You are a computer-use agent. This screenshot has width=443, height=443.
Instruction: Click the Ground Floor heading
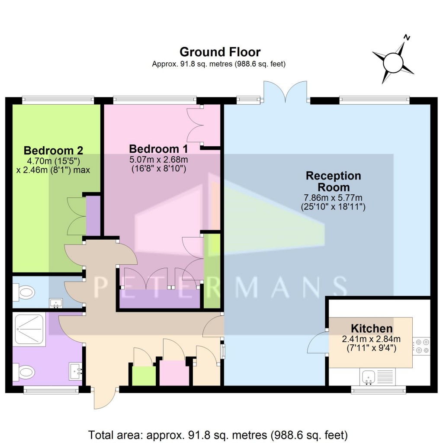pyautogui.click(x=220, y=52)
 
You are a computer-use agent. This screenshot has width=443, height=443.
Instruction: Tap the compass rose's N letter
pyautogui.click(x=406, y=38)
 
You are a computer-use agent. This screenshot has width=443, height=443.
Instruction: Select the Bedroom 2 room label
pyautogui.click(x=53, y=151)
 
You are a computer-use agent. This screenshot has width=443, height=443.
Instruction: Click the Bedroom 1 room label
pyautogui.click(x=158, y=149)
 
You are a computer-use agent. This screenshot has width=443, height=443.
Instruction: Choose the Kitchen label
pyautogui.click(x=371, y=328)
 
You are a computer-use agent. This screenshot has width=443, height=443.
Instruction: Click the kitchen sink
pyautogui.click(x=369, y=377)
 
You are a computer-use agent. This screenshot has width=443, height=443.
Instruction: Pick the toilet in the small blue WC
pyautogui.click(x=24, y=293)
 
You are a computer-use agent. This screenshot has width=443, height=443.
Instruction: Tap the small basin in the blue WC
pyautogui.click(x=55, y=303)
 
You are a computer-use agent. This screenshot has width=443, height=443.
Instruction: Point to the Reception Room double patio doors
pyautogui.click(x=286, y=91)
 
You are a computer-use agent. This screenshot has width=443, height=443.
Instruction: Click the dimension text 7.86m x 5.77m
pyautogui.click(x=333, y=198)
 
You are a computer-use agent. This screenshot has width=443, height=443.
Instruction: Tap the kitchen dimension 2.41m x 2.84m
pyautogui.click(x=371, y=339)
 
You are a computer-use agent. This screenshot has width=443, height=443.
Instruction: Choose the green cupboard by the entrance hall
pyautogui.click(x=143, y=375)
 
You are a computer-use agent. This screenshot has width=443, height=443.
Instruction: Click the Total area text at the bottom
pyautogui.click(x=218, y=434)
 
